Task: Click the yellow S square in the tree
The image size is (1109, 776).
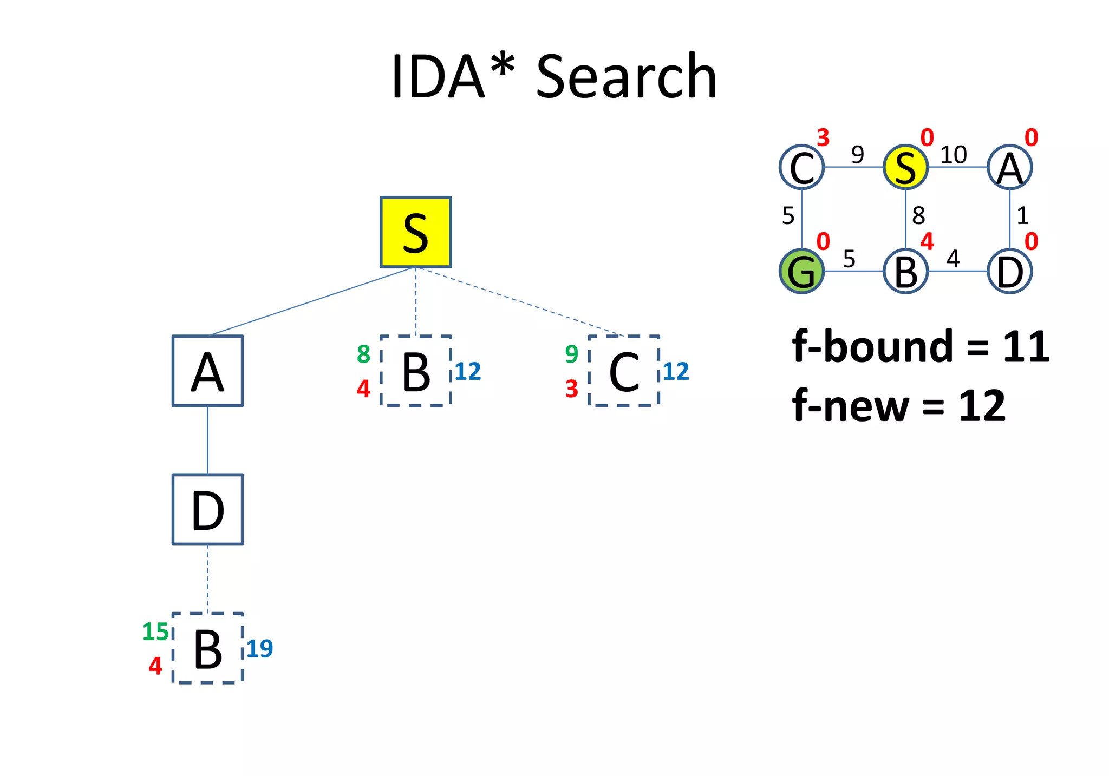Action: click(x=415, y=232)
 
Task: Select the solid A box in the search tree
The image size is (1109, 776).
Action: click(x=207, y=371)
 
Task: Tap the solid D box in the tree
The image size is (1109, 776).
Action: click(x=207, y=509)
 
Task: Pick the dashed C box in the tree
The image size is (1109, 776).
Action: click(x=624, y=371)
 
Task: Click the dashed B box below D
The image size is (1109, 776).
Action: click(x=207, y=648)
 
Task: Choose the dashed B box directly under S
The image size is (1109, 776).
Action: click(x=415, y=371)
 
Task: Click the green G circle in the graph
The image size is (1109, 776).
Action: click(x=801, y=271)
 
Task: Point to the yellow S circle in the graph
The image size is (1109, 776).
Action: click(x=905, y=167)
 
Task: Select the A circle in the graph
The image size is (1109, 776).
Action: click(x=1009, y=167)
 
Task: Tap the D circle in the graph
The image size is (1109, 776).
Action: click(x=1009, y=271)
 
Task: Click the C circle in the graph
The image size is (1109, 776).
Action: click(x=801, y=167)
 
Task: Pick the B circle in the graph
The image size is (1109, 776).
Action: click(x=905, y=271)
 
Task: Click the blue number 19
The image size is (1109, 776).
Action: click(x=259, y=648)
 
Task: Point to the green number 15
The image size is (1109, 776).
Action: click(x=155, y=632)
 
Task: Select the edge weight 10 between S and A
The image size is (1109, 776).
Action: click(x=953, y=155)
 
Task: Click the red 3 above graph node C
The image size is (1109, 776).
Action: click(x=823, y=138)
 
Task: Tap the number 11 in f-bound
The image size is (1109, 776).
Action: click(x=1026, y=347)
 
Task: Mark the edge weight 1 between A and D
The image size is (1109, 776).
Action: click(x=1022, y=216)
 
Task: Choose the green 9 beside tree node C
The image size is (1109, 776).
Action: click(x=571, y=354)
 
